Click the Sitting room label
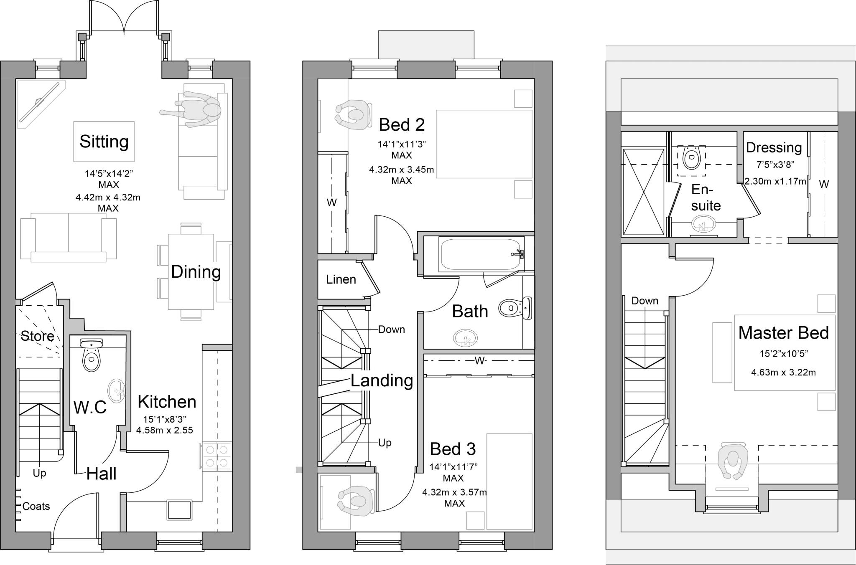click(104, 141)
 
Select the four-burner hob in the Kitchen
click(217, 456)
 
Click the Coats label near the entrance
click(36, 506)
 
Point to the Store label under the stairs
click(37, 336)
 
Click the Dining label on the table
click(196, 272)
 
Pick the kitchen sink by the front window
click(180, 510)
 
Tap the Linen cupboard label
click(341, 279)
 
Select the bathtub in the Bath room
click(481, 254)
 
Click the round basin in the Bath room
click(465, 338)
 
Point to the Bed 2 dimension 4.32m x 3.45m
click(401, 170)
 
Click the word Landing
click(382, 380)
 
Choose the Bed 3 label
click(453, 449)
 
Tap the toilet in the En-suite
click(691, 158)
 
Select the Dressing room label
click(774, 147)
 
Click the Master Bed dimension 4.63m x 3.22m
click(783, 372)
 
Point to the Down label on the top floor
click(645, 301)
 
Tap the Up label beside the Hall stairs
click(39, 473)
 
